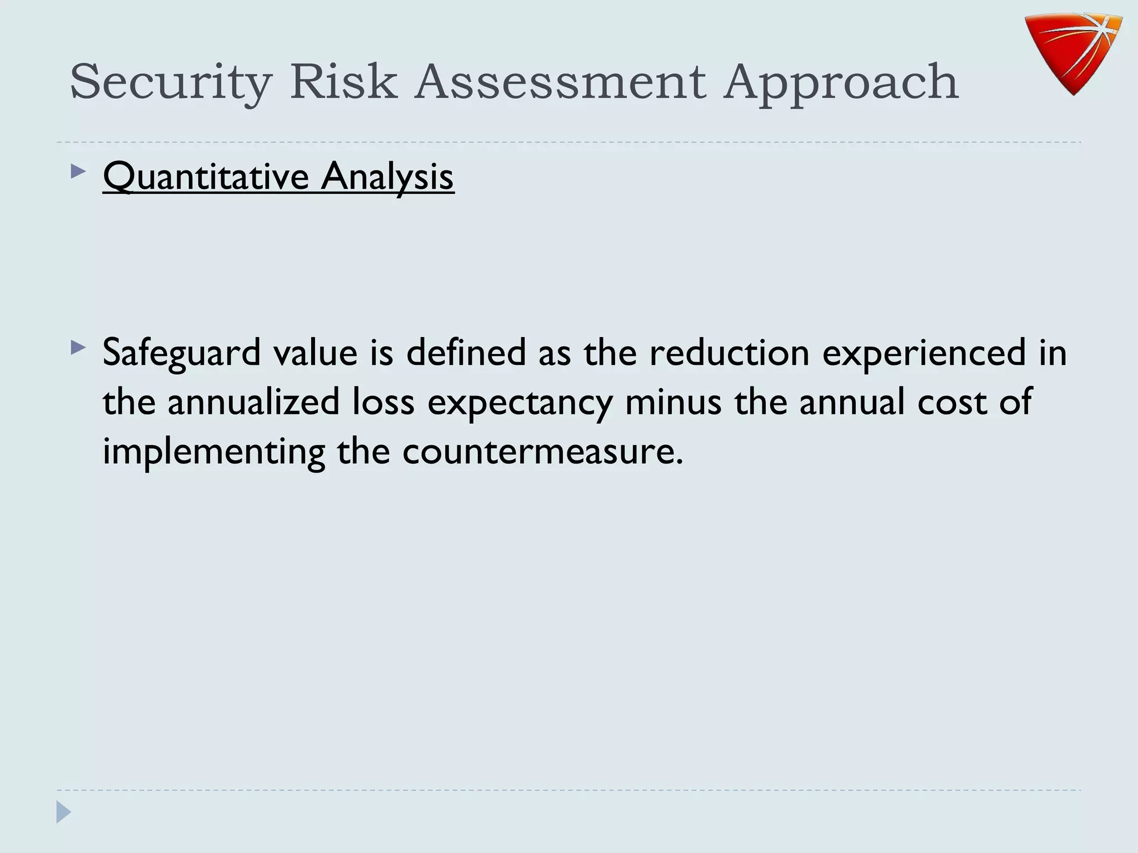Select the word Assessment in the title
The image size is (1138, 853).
[561, 82]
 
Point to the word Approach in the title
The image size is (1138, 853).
[841, 82]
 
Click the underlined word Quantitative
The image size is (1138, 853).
[206, 177]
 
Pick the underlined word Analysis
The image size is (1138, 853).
[387, 177]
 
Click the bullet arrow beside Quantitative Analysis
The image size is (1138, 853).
[78, 172]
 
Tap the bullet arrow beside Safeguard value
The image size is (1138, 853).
[78, 348]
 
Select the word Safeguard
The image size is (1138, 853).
[182, 353]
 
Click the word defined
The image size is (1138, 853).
[466, 353]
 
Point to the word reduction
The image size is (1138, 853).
[729, 353]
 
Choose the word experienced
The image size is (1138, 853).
[924, 353]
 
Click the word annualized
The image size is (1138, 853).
[253, 402]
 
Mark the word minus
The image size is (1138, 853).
[673, 402]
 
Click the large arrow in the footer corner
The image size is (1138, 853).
[63, 812]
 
